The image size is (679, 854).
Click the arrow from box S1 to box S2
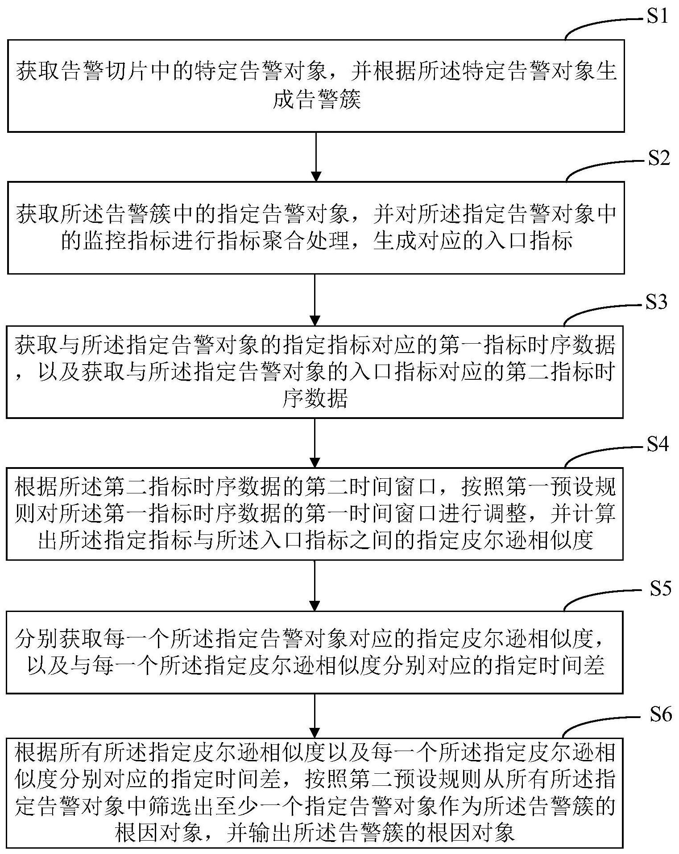316,156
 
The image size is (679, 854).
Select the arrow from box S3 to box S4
315,443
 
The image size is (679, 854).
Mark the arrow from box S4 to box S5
315,585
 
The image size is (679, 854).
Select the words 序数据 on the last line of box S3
315,398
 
